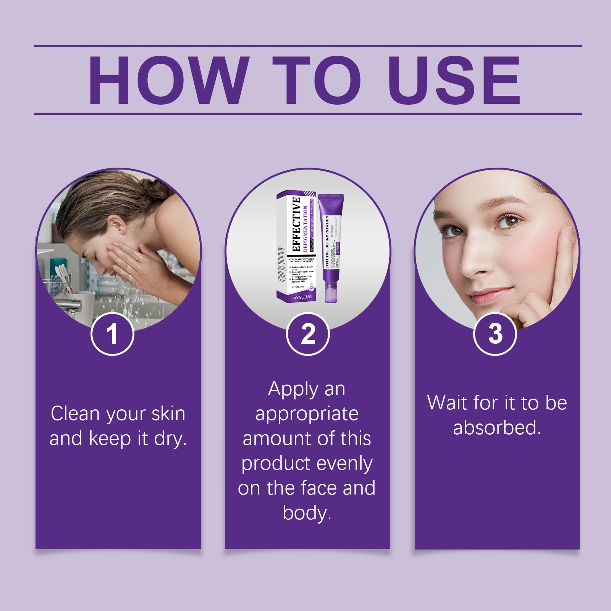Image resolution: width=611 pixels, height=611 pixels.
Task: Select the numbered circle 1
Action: (x=112, y=334)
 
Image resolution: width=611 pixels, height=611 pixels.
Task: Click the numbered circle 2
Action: (x=308, y=334)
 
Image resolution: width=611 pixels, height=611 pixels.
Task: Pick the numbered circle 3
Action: (x=495, y=334)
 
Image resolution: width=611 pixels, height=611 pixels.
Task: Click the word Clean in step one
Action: (x=75, y=414)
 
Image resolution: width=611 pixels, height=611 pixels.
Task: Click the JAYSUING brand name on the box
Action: (x=301, y=297)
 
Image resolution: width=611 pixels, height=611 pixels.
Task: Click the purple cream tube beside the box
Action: (x=331, y=248)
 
